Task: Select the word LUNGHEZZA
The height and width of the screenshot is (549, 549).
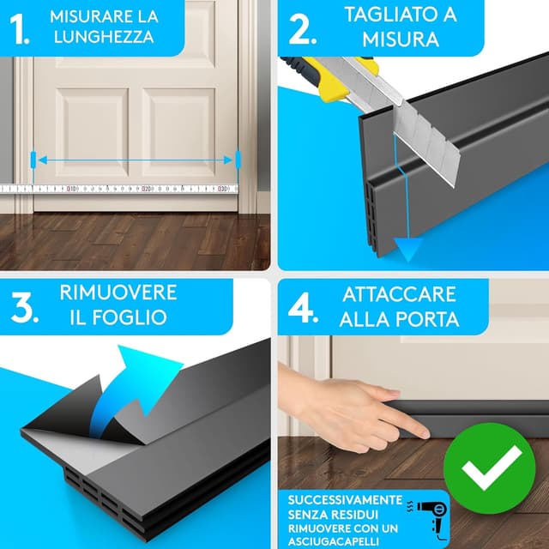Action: coord(102,37)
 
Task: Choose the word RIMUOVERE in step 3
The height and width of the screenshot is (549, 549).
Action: coord(118,292)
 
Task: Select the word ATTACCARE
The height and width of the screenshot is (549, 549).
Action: coord(399,294)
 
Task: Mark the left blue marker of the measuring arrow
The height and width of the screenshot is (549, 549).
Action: coord(33,160)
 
